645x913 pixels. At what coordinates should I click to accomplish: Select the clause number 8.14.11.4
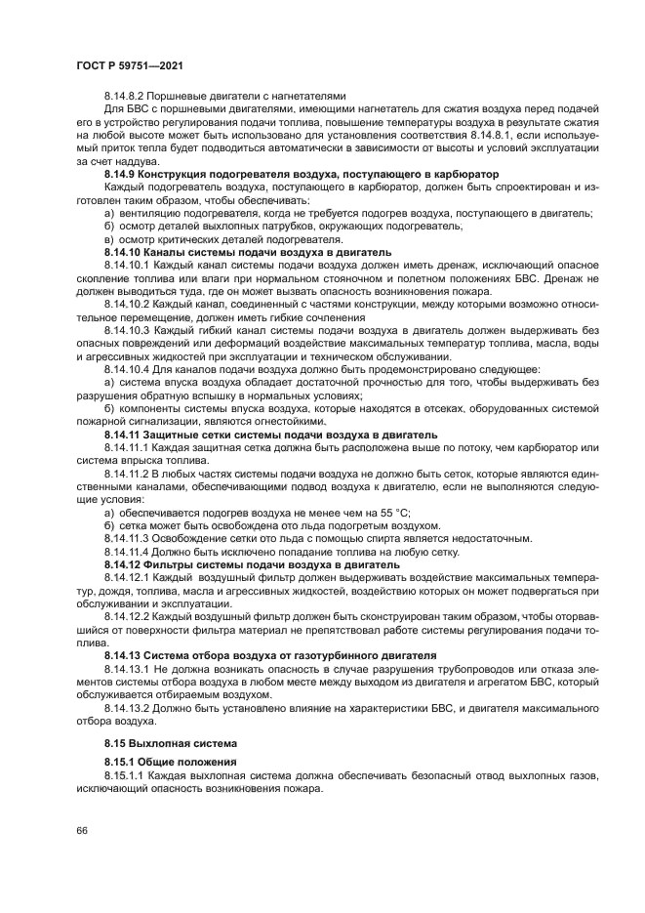[x=129, y=551]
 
